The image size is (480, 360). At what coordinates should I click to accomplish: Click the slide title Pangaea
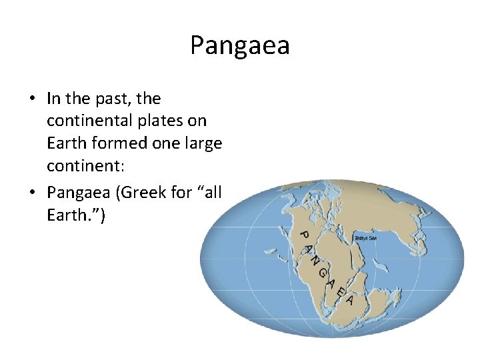(239, 45)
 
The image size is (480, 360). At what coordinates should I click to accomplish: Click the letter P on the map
(302, 235)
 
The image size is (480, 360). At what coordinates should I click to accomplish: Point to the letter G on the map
(321, 274)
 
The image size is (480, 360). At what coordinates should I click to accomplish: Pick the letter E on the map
(340, 291)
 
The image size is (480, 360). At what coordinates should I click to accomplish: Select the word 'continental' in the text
(86, 121)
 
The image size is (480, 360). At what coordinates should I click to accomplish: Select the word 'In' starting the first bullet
(54, 99)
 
